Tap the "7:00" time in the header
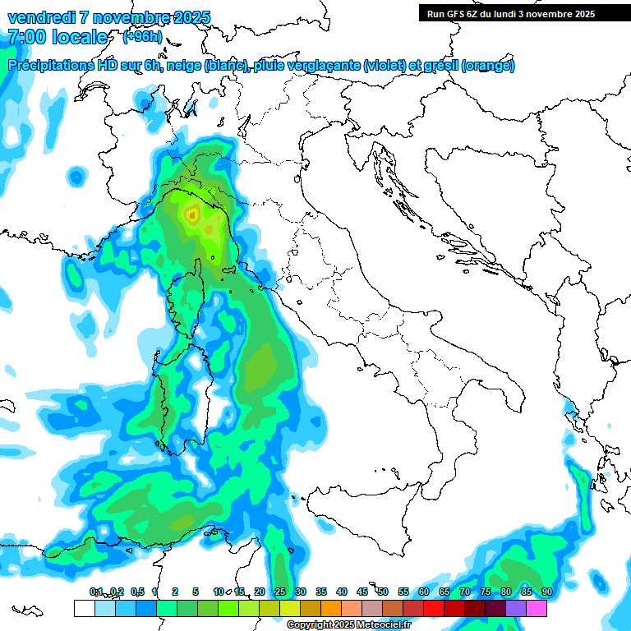(x=26, y=37)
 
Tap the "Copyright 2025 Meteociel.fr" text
(x=349, y=625)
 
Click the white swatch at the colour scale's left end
(x=84, y=608)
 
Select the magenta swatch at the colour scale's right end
(x=537, y=608)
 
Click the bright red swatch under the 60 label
(x=434, y=608)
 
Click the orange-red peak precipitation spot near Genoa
(x=191, y=216)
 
